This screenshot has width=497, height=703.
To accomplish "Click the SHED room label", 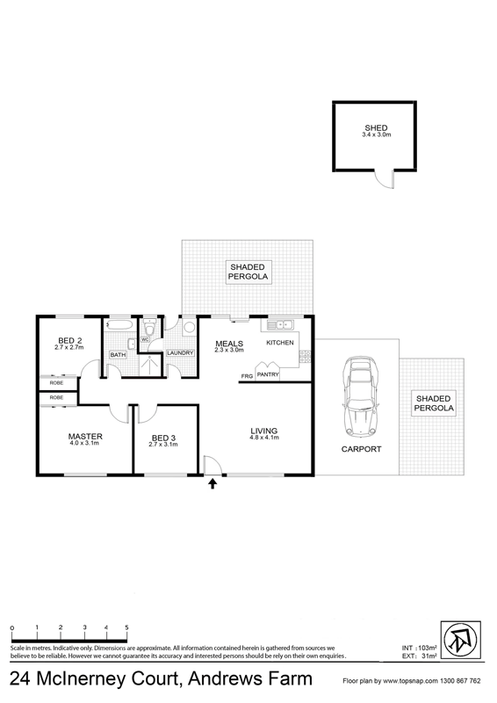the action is [376, 128].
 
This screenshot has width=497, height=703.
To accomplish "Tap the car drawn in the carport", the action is [360, 396].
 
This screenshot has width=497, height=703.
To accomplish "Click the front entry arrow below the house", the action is [212, 483].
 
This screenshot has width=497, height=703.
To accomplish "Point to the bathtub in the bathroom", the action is [119, 325].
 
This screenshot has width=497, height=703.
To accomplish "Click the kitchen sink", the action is [279, 324].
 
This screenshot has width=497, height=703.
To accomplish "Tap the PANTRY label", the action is [268, 374].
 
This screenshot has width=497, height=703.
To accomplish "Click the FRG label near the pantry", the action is [247, 376].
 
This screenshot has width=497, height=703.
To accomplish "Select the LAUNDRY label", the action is [180, 353].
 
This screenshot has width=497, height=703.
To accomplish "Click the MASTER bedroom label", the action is [85, 436].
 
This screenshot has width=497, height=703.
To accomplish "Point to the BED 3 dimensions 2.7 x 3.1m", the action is [163, 445].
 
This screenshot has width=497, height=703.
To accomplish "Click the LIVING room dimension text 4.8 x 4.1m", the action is [264, 437].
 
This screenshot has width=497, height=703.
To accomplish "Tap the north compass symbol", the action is [461, 641].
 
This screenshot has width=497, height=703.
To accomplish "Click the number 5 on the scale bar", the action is [126, 627].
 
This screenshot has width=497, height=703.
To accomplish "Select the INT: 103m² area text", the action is [419, 648].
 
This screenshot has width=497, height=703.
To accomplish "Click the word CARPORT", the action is [361, 449].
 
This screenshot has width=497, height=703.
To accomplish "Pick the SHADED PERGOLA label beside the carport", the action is [434, 403].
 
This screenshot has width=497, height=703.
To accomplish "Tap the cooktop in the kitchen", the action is [306, 357].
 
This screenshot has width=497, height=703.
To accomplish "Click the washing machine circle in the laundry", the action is [190, 327].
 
